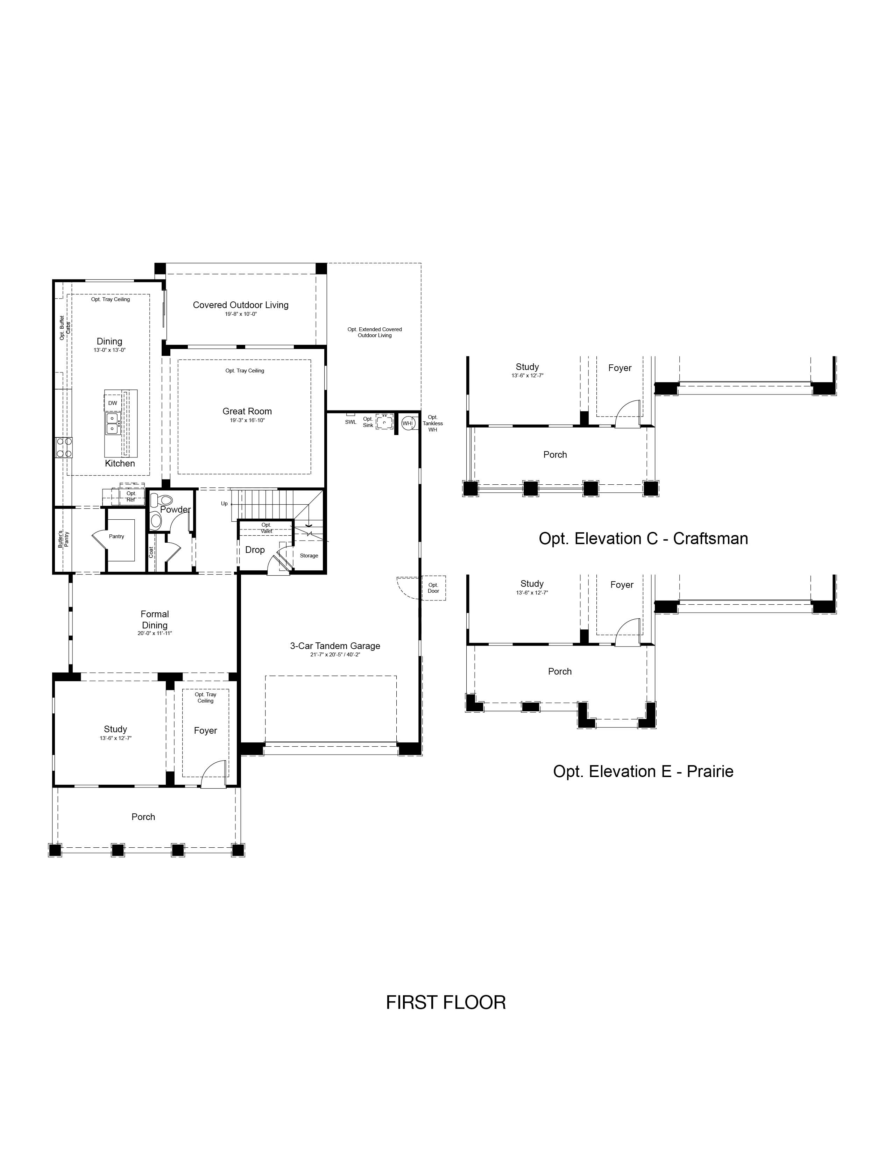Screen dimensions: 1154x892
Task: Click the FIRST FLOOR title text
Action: [x=445, y=1002]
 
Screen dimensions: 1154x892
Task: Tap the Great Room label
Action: [x=247, y=411]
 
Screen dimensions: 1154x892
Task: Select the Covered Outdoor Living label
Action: [x=240, y=305]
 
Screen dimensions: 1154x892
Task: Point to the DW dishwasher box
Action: [x=113, y=403]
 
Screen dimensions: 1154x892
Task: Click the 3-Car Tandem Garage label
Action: [x=335, y=646]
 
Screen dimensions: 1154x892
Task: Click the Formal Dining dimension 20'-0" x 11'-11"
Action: [x=155, y=633]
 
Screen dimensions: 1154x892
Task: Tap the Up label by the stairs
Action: [x=224, y=504]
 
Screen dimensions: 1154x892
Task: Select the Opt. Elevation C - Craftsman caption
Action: [x=643, y=539]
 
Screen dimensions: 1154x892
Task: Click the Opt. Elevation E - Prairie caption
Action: [x=643, y=771]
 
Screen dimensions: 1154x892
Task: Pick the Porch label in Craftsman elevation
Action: [x=555, y=454]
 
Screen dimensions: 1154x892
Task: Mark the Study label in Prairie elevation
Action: [x=532, y=584]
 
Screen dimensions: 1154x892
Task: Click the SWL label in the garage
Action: [x=351, y=422]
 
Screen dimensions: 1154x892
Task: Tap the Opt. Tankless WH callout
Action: [x=433, y=423]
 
